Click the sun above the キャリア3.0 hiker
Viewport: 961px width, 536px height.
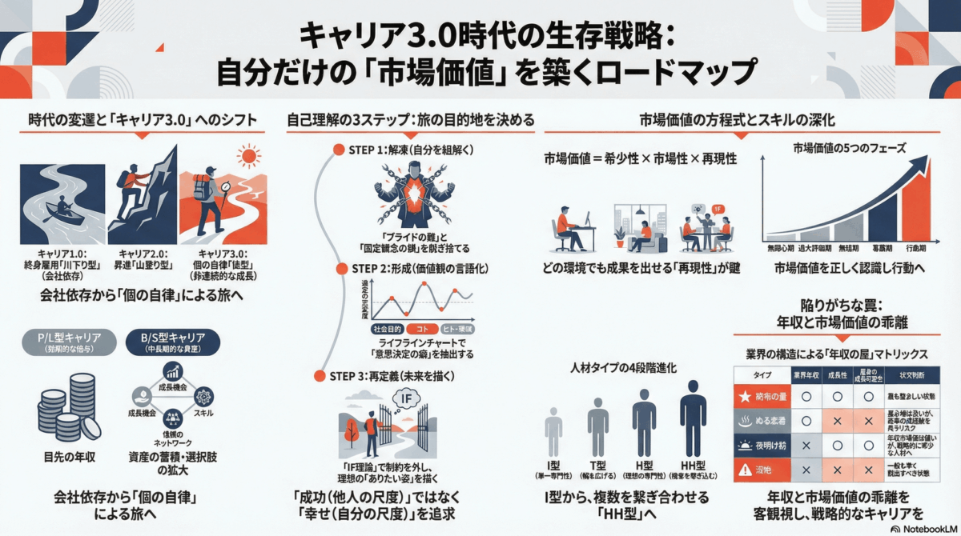249,156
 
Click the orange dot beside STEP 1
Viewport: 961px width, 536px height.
340,150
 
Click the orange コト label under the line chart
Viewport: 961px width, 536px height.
422,329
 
